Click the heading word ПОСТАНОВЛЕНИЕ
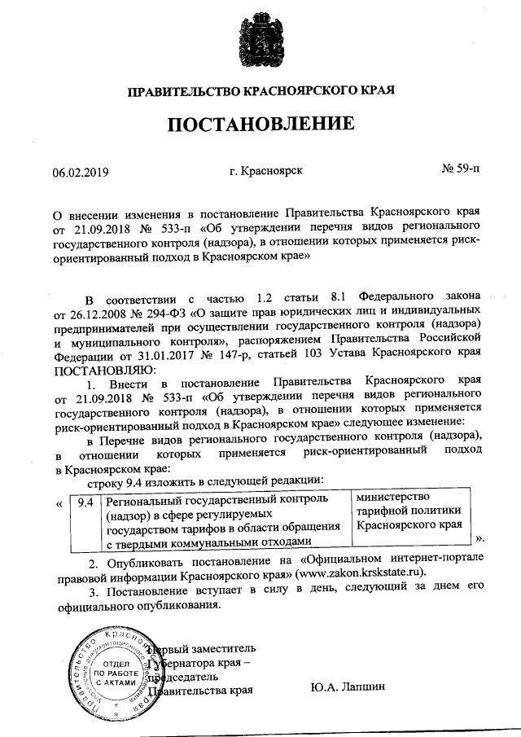[x=260, y=125]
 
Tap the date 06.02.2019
[x=81, y=173]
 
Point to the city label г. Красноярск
[x=266, y=171]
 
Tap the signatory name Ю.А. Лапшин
[x=348, y=689]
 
